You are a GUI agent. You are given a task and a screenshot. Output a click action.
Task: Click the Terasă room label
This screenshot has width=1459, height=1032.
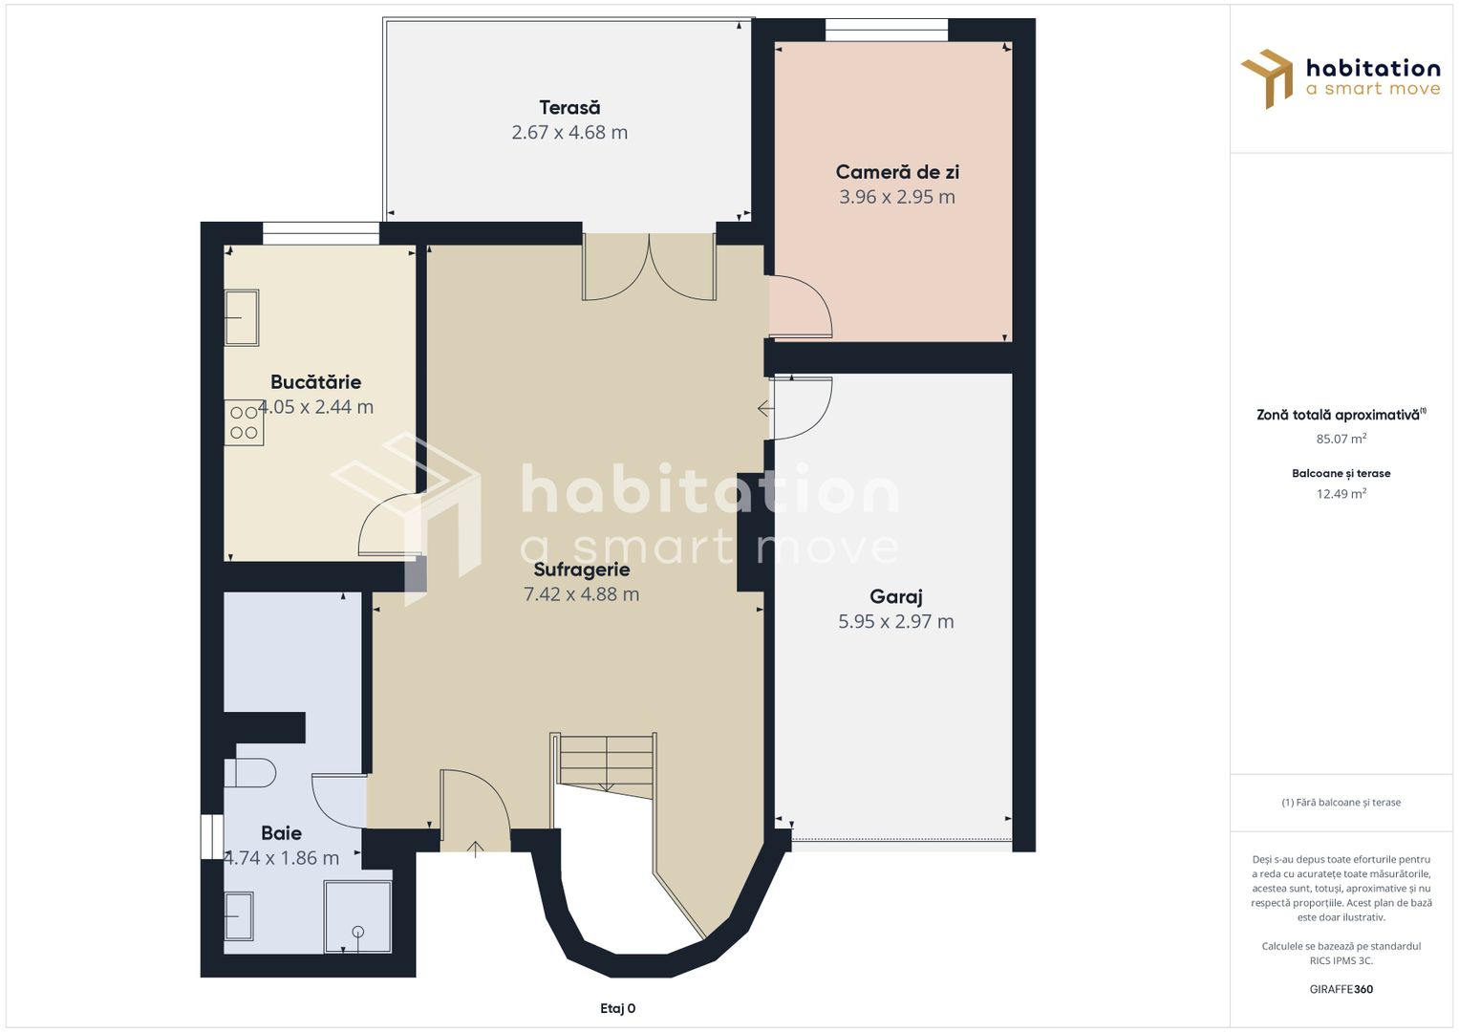tap(569, 107)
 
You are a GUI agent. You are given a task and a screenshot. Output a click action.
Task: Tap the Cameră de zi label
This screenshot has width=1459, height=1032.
tap(897, 172)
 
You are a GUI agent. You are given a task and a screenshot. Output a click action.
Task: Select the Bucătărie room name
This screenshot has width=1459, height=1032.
tap(316, 382)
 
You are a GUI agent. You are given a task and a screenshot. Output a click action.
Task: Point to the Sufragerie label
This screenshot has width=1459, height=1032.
tap(582, 570)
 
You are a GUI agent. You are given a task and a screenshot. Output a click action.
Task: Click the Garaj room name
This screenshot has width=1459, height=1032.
tap(895, 597)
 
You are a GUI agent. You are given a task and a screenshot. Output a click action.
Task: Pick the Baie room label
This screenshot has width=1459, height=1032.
tap(281, 832)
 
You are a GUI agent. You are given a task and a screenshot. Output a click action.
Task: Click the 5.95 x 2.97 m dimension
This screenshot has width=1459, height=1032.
tap(895, 621)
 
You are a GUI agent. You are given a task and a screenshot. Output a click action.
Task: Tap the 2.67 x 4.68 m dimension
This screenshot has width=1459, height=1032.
tap(569, 132)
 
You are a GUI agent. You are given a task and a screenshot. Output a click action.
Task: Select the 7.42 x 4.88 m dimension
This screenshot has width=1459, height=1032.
tap(582, 594)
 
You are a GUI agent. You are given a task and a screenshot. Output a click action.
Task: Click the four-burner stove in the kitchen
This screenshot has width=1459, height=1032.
tap(245, 422)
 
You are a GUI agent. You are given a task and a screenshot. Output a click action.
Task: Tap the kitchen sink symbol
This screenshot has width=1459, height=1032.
tap(242, 317)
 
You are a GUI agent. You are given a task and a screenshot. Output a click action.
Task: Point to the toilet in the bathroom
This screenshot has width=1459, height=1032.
tap(250, 773)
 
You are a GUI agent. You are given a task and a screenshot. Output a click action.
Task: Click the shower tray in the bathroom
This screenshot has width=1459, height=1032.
tap(357, 916)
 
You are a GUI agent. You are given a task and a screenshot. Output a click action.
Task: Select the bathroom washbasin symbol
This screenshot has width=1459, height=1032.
tap(239, 916)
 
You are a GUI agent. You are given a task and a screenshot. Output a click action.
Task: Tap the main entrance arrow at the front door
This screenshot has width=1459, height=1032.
tap(476, 849)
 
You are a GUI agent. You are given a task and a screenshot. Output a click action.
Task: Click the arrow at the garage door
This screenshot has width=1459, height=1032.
tap(766, 409)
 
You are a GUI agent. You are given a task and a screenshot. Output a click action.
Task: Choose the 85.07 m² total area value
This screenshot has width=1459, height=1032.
tap(1341, 439)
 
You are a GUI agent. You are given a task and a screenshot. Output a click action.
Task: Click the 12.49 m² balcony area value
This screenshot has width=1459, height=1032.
tap(1341, 493)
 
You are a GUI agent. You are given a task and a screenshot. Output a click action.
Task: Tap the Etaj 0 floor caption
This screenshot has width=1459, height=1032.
tap(617, 1008)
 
